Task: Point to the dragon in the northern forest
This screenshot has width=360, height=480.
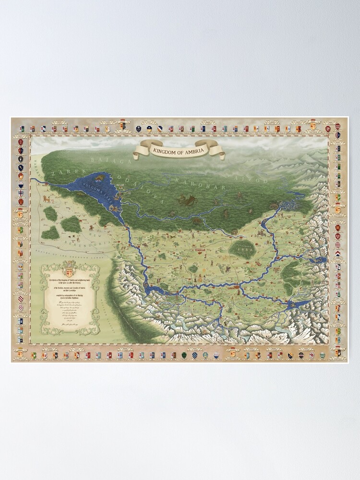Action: [x=185, y=199]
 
